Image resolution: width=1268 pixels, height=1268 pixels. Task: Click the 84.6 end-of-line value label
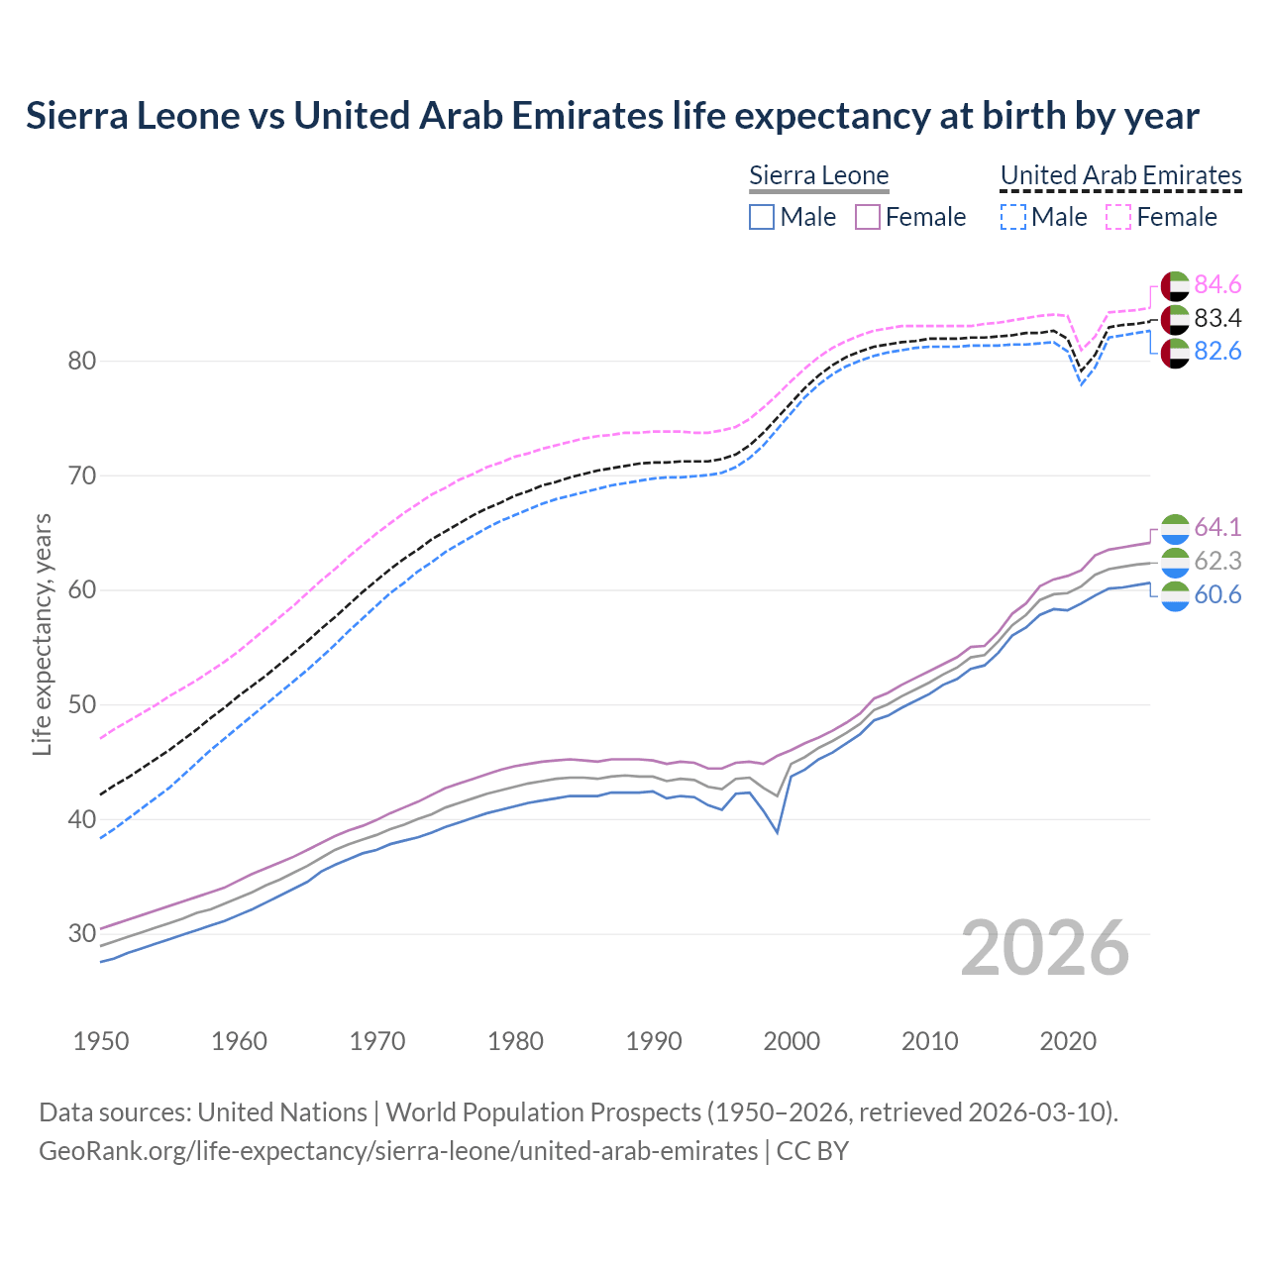[1217, 285]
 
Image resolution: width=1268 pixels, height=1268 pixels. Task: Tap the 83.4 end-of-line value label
[1217, 319]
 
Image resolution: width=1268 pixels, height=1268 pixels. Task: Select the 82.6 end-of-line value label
[1217, 352]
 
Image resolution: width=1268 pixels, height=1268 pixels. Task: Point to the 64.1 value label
[1217, 527]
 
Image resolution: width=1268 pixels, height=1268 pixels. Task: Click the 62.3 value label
[1217, 561]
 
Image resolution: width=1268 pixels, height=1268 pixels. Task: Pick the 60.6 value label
[1217, 594]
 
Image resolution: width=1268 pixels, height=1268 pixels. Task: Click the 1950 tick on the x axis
[102, 1041]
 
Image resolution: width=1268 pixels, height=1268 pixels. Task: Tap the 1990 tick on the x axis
[655, 1041]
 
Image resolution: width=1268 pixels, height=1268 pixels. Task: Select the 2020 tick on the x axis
[1069, 1041]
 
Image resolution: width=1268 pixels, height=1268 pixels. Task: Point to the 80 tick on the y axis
[82, 361]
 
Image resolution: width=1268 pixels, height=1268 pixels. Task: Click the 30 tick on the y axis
[82, 933]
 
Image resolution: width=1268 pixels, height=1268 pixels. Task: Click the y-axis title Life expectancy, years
[43, 634]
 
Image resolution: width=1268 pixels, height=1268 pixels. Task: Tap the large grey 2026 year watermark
[1045, 948]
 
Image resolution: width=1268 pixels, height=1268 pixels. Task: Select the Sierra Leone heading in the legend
[819, 175]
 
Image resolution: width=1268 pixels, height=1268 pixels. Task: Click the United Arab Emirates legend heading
[1120, 175]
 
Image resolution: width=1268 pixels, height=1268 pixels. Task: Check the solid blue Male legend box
[761, 217]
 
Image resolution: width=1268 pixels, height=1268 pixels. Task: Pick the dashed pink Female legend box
[1117, 217]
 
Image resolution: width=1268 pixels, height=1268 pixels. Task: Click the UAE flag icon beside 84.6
[1175, 285]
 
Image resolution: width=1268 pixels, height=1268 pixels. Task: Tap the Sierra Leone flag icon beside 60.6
[1175, 596]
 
